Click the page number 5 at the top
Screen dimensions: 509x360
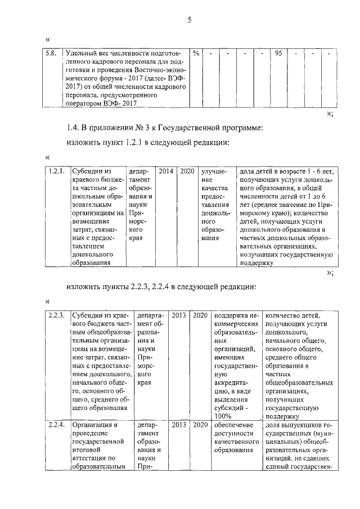(x=190, y=21)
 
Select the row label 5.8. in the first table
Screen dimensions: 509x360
(x=53, y=53)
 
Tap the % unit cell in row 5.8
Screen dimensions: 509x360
(x=196, y=53)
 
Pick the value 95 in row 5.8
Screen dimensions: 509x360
(x=278, y=53)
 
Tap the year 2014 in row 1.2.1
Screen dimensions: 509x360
(x=166, y=170)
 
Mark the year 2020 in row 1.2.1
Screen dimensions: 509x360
(x=187, y=170)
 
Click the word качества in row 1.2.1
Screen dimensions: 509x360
(x=214, y=187)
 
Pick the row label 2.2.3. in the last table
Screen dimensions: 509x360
(x=57, y=315)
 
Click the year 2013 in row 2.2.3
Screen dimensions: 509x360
(x=178, y=315)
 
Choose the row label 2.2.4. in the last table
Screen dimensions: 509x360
(x=57, y=425)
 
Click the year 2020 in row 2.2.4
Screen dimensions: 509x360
(x=200, y=425)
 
